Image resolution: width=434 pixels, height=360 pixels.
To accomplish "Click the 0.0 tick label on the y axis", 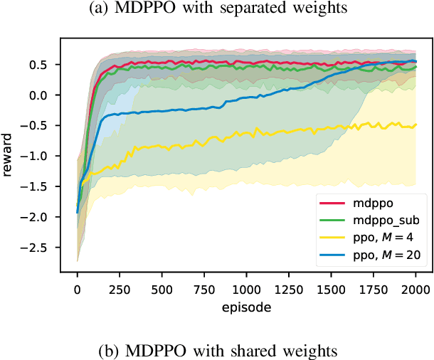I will [48, 95].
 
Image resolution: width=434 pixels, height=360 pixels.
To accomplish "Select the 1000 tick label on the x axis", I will [247, 290].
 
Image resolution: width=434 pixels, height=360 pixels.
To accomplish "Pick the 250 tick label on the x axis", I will [120, 290].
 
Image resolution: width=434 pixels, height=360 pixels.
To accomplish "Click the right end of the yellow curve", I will [416, 125].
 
